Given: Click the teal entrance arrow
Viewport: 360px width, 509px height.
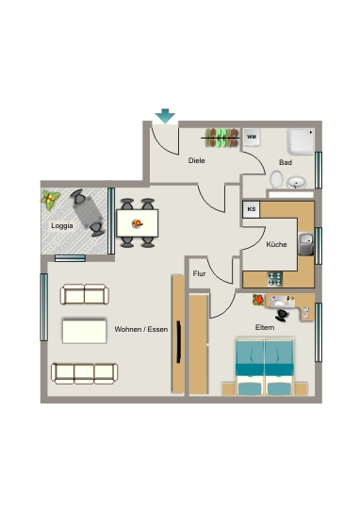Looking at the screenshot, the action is pos(165,116).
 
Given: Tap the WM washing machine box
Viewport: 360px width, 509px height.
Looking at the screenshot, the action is pos(252,138).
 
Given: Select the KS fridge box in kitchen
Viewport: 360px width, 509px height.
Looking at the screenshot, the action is pos(252,209).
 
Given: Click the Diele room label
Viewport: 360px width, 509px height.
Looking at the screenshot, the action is pos(197,160).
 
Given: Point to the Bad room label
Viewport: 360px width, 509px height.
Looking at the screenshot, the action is pos(286,162).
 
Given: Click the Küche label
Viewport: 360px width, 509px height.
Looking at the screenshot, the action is pos(276,244).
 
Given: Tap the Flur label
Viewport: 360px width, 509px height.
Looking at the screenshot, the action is pos(199,273).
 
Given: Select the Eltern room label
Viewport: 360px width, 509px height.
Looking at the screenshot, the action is pos(265,327).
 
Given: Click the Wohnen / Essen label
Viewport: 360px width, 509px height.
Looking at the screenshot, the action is pos(141,329).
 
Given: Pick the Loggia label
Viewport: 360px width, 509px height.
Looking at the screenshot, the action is pos(62,225).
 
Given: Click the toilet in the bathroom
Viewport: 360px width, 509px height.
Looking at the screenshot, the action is pos(276,179).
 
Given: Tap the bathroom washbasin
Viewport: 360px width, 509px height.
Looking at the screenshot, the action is pos(296,183).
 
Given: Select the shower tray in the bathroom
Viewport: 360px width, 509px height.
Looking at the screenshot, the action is pos(302,141).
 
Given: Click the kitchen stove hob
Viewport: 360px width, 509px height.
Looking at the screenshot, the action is pos(275,280).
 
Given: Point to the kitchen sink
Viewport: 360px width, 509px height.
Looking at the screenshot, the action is pos(305,243).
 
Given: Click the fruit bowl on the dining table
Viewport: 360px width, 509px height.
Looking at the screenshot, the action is pos(138,223).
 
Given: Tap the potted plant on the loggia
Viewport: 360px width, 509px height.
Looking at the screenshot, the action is pos(50,200).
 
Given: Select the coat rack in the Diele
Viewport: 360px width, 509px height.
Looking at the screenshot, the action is pos(221,138).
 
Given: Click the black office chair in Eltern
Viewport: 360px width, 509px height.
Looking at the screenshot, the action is pos(282,315).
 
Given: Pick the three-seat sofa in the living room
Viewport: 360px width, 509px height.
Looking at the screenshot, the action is pos(85,373).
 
